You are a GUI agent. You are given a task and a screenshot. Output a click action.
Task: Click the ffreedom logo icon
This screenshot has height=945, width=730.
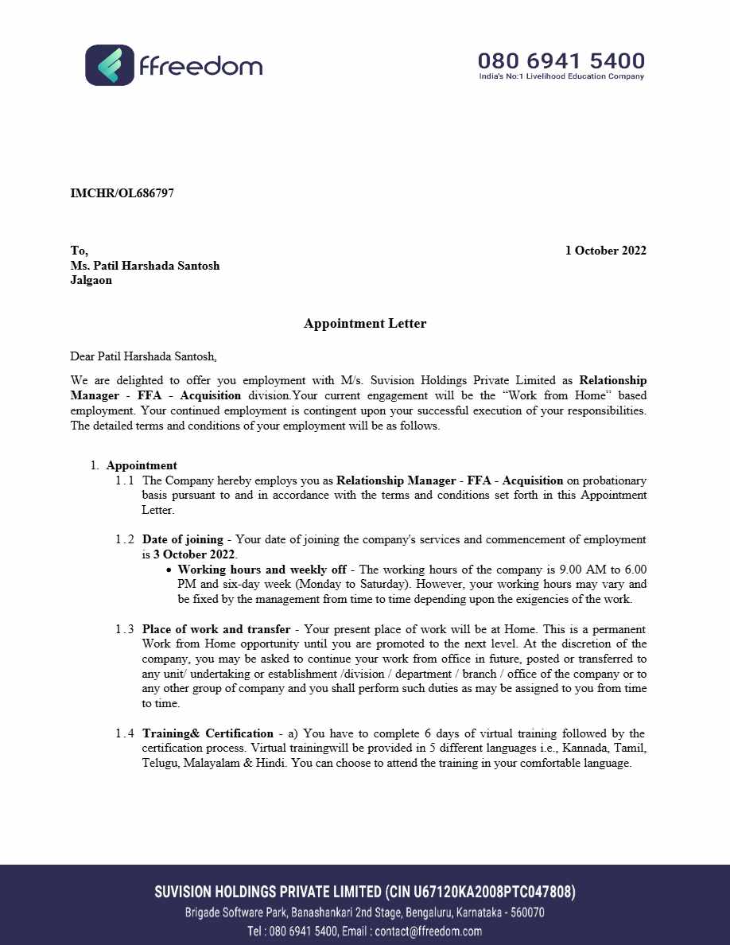(110, 65)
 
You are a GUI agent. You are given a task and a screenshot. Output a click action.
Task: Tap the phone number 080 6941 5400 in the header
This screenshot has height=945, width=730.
(561, 60)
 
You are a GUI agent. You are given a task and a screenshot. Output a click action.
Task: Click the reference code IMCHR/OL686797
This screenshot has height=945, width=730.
(122, 193)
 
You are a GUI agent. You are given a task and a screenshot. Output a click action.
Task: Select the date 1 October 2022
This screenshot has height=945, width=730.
(605, 251)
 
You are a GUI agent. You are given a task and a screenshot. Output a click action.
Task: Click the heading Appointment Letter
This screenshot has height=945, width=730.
(365, 324)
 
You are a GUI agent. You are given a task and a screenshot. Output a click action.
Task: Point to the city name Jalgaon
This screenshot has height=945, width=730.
(91, 280)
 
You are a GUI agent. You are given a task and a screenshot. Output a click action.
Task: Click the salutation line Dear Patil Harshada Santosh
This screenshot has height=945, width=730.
(143, 356)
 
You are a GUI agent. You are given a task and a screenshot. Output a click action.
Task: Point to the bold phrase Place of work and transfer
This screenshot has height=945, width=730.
(216, 629)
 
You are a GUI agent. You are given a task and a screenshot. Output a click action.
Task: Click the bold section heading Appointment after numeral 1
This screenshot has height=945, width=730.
(142, 465)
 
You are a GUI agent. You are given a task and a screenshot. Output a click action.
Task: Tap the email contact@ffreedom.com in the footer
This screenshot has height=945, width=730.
(428, 931)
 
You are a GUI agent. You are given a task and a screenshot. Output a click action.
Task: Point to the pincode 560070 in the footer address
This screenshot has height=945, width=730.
(526, 912)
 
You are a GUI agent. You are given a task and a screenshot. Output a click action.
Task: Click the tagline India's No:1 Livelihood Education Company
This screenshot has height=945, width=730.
(561, 77)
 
